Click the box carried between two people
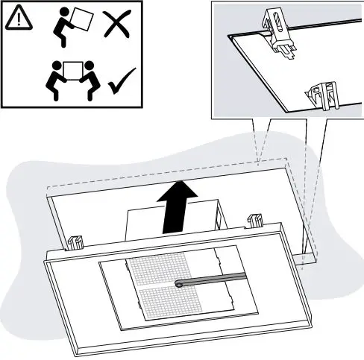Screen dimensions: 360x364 (x=72, y=69)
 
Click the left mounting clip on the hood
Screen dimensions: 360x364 (x=75, y=241)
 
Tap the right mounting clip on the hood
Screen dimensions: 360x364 (x=255, y=220)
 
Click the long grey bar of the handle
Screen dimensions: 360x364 (x=216, y=279)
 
